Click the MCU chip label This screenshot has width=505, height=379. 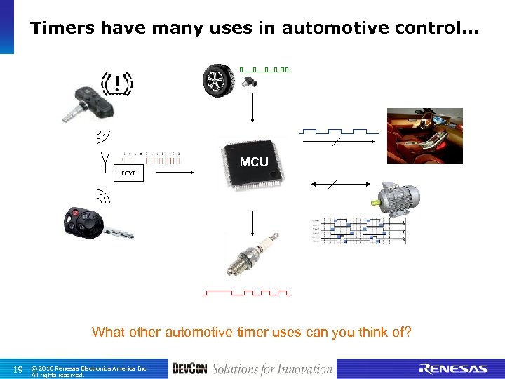tap(254, 162)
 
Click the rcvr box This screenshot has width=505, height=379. tap(128, 173)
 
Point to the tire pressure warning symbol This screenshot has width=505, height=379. tap(116, 84)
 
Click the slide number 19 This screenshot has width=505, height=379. tap(18, 369)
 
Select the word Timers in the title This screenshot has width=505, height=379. tap(62, 28)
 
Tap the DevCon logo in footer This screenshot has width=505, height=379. tap(189, 368)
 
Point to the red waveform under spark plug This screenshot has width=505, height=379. tap(246, 292)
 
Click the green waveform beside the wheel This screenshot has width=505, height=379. tap(265, 69)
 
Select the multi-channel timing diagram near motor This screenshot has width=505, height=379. tap(358, 231)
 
